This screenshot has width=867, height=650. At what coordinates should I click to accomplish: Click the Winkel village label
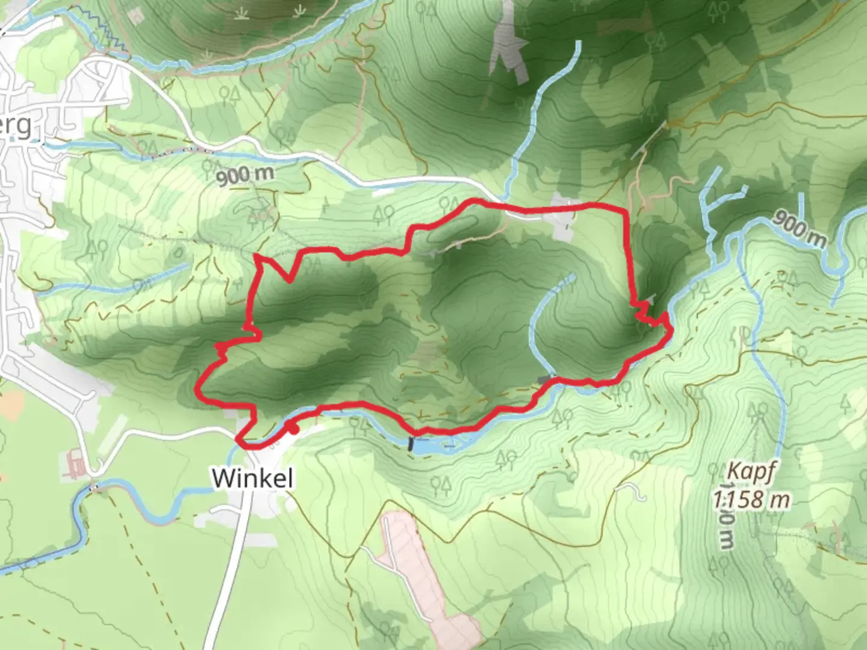(253, 478)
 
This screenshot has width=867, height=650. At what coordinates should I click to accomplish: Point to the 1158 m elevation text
(751, 498)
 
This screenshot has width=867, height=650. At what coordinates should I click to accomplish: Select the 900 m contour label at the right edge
(799, 229)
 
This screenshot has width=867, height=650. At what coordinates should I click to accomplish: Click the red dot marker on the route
(291, 429)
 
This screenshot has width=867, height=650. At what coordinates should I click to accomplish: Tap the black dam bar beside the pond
(411, 444)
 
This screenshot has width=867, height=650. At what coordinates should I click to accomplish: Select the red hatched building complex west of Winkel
(75, 465)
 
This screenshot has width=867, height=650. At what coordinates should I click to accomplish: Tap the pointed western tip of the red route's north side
(256, 256)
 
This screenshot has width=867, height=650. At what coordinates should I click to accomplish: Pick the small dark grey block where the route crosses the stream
(547, 379)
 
